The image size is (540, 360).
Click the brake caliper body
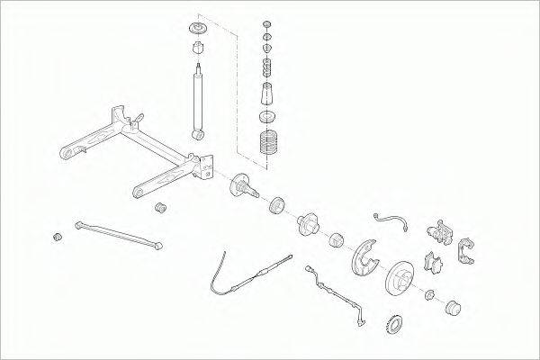coord(440,233)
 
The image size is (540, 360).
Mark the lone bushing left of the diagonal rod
coord(58,237)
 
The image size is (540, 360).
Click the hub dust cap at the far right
coord(453,310)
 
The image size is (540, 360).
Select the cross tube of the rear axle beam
coord(153,145)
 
